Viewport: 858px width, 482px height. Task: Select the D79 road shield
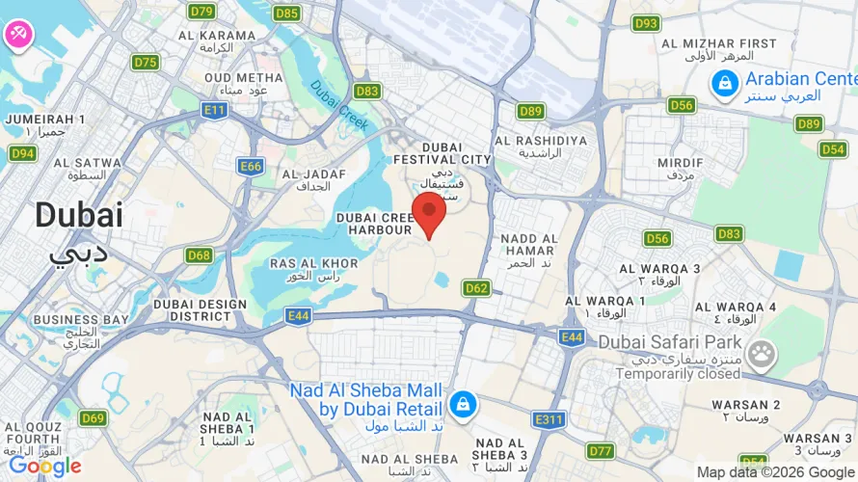point(201,12)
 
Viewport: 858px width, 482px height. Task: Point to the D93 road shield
point(646,23)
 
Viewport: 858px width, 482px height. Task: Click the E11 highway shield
point(214,111)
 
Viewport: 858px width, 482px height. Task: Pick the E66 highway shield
point(251,167)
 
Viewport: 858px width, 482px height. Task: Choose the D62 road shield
point(476,287)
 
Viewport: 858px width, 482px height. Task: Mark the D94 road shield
point(22,153)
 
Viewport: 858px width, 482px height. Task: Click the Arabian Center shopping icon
point(723,86)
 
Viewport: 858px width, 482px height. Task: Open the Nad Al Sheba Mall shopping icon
point(463,404)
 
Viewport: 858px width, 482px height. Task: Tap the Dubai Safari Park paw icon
point(762,356)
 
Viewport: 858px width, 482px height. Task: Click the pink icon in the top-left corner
point(17,34)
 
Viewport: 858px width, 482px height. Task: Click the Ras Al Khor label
point(314,263)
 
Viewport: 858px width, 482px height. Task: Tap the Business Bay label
point(81,319)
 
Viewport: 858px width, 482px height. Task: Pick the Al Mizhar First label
point(719,43)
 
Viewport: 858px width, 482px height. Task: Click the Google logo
point(44,467)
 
